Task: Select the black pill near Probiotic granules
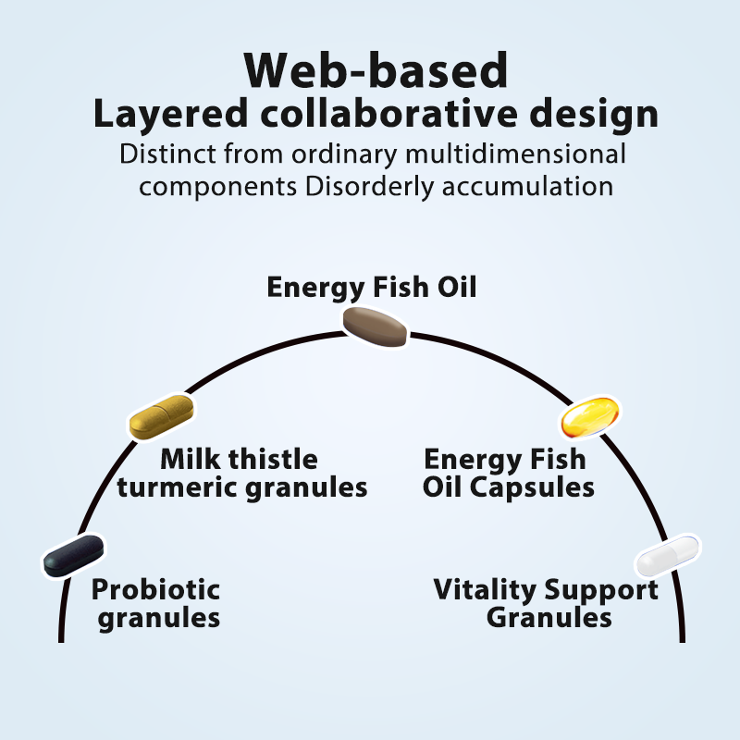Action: pos(74,554)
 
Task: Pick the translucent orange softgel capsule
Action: pos(589,418)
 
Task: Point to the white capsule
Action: pos(667,557)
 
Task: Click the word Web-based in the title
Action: pos(376,69)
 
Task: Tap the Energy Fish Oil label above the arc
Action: pos(372,287)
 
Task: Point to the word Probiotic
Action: pos(155,588)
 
